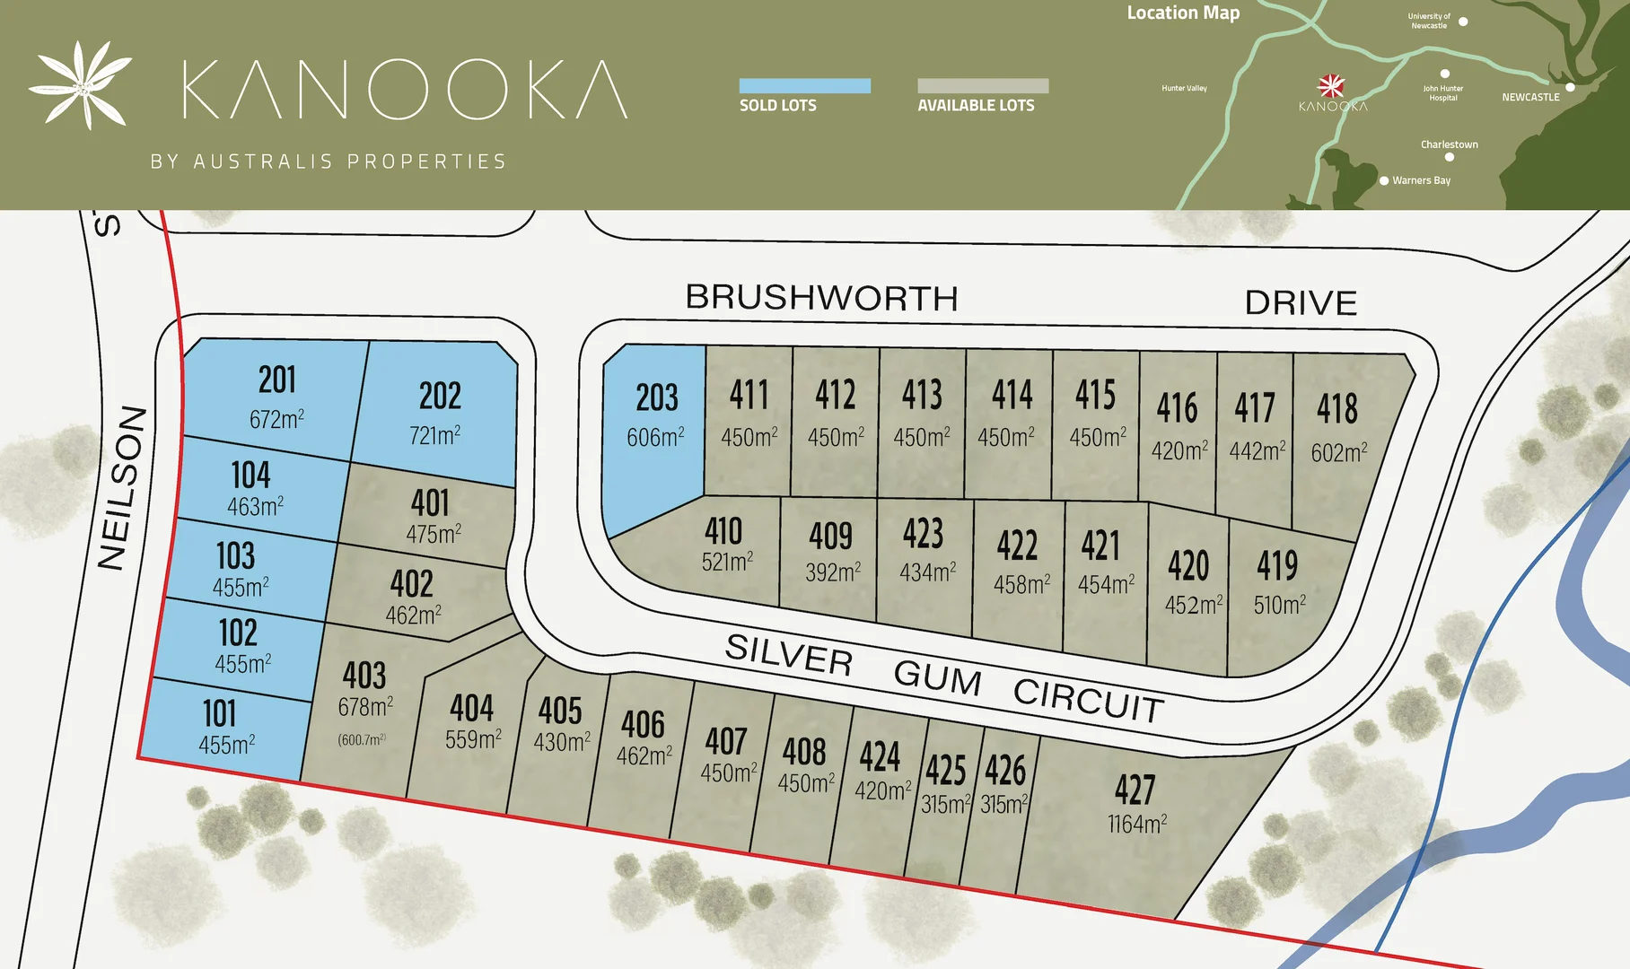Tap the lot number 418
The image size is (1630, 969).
tap(1336, 409)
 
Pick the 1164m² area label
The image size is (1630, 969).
tap(1136, 824)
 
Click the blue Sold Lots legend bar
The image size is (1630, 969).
tap(804, 86)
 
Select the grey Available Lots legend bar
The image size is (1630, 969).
tap(982, 86)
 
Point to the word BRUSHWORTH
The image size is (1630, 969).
tap(821, 298)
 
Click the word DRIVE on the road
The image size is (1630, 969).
tap(1300, 303)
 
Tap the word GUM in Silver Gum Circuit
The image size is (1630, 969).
tap(937, 677)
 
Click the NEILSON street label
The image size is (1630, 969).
tap(122, 488)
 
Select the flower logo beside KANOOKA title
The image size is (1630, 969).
tap(81, 84)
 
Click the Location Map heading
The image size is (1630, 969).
tap(1182, 13)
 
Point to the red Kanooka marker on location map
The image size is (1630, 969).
tap(1331, 86)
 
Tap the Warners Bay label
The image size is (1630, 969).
tap(1421, 180)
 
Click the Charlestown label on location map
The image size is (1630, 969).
tap(1449, 144)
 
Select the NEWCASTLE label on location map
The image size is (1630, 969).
tap(1530, 97)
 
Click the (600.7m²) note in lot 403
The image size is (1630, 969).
tap(362, 740)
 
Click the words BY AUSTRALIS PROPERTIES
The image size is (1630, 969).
tap(328, 161)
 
